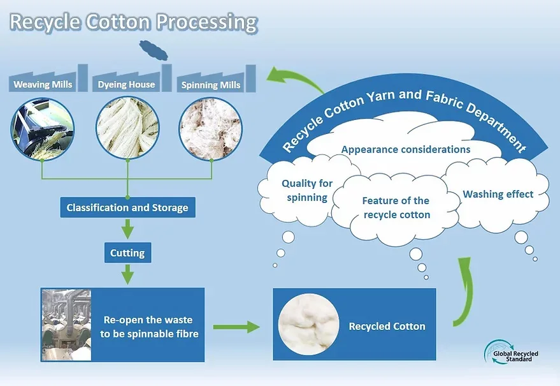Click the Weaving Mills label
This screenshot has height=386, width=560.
pos(43,84)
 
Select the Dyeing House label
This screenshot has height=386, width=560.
pos(126,84)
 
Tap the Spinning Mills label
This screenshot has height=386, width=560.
pos(211,84)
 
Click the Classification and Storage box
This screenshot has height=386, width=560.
pos(127,207)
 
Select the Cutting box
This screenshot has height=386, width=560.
pos(127,253)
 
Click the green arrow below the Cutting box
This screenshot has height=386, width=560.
pos(127,274)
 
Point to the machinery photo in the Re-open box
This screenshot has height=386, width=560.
pos(66,324)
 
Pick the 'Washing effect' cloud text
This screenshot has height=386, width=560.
pos(498,194)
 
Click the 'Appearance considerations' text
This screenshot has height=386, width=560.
pos(406,149)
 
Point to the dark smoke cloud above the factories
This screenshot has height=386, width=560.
pos(154,48)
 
